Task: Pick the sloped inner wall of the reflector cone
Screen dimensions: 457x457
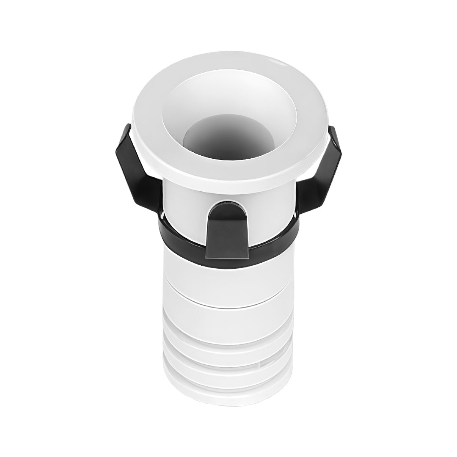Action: (x=186, y=106)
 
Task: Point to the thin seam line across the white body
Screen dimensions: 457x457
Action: (x=228, y=304)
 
